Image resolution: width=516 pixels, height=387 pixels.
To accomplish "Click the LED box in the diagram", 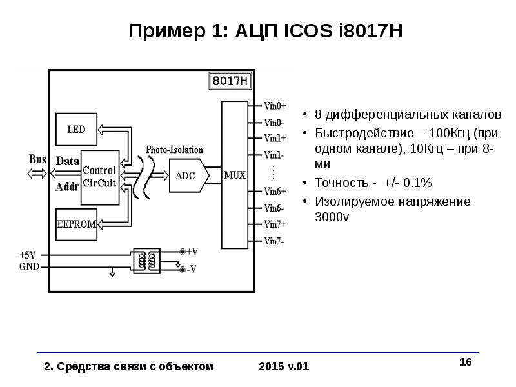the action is click(x=76, y=130).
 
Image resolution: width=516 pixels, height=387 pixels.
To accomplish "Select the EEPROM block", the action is click(x=76, y=224).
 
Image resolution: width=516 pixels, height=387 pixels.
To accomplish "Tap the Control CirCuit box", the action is click(x=100, y=177).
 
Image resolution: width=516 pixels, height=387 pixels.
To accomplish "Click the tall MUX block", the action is click(x=235, y=175).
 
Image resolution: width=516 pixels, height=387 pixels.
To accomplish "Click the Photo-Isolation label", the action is click(x=174, y=150).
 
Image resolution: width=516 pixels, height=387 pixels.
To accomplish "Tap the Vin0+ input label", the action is click(x=275, y=106).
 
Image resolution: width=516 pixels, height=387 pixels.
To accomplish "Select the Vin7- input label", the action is click(x=273, y=241).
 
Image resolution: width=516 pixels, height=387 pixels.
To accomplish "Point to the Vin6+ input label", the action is click(x=275, y=191).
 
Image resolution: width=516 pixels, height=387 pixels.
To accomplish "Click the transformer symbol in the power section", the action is click(x=147, y=261).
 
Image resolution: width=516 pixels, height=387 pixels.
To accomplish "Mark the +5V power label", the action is click(x=28, y=255).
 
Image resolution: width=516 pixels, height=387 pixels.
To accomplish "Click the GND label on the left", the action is click(x=29, y=266).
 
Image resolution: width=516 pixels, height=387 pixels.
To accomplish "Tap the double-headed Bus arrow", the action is click(x=37, y=174).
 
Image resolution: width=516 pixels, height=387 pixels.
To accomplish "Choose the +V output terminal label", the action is click(x=192, y=252).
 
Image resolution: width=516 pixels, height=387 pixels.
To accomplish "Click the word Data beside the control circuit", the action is click(x=68, y=161).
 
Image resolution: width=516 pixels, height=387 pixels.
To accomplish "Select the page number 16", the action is click(x=466, y=362).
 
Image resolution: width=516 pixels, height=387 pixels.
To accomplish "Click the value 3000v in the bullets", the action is click(x=332, y=217).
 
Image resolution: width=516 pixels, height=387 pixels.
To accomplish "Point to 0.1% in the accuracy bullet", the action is click(x=417, y=183).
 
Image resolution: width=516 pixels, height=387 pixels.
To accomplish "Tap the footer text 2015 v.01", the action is click(x=284, y=366).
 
